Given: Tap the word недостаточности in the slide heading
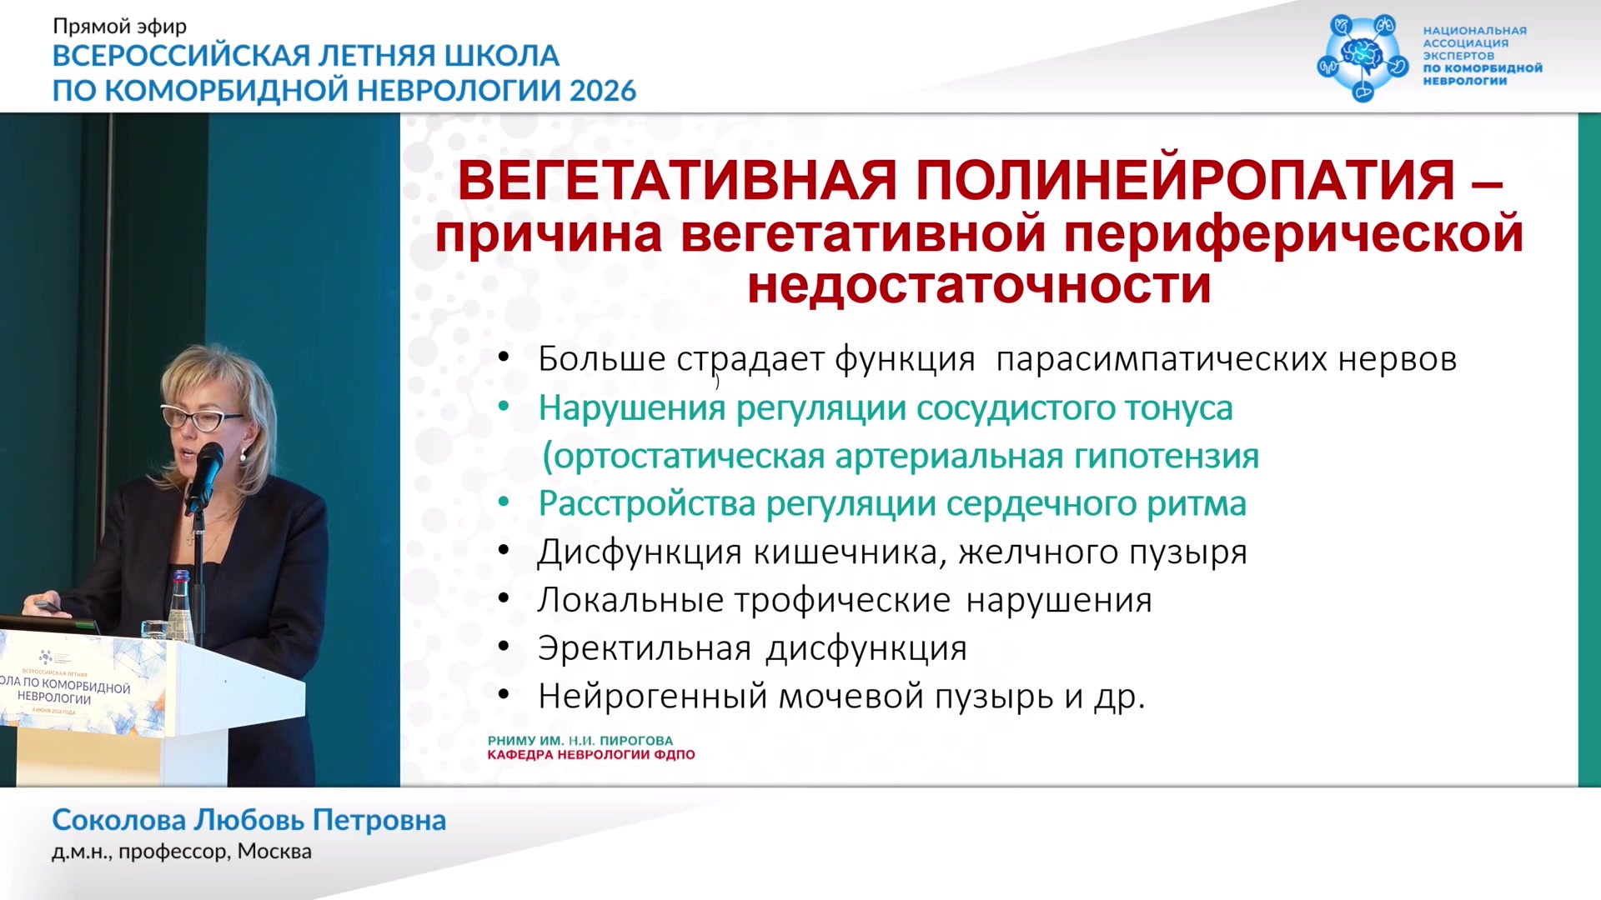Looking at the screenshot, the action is click(x=979, y=286).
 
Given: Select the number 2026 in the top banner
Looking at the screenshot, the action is click(x=603, y=90).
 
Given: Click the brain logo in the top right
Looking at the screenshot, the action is click(x=1363, y=57).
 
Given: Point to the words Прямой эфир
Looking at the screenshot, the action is click(x=119, y=27).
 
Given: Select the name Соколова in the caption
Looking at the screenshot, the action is click(x=118, y=820).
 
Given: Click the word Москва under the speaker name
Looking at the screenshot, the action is click(x=274, y=852).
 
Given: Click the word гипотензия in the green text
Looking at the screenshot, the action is click(x=1167, y=457).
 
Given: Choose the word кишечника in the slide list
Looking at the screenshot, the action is click(x=850, y=552).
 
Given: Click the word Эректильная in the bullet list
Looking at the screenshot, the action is click(x=645, y=648).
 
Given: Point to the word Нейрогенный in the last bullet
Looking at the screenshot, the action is click(x=653, y=697).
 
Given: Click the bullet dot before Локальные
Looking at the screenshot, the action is click(x=504, y=599).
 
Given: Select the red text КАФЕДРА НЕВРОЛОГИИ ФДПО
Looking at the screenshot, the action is click(x=591, y=755).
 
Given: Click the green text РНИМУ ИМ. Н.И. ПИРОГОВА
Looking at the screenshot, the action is click(x=580, y=741).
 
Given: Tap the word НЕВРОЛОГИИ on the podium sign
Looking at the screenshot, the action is click(x=54, y=697).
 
